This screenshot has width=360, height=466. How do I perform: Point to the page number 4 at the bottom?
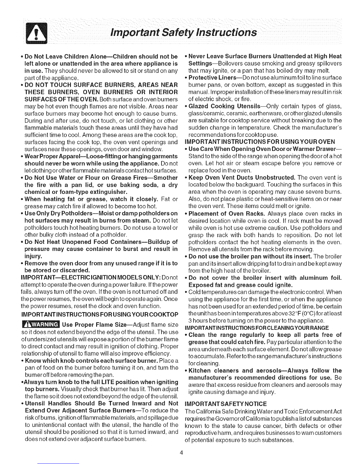[x=183, y=452]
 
